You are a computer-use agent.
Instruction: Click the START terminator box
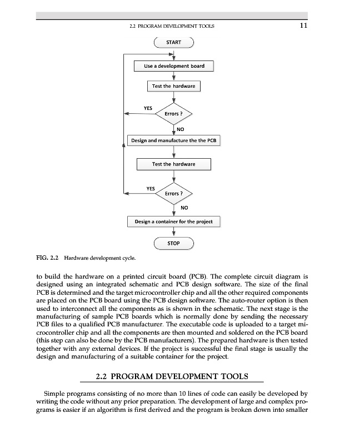[174, 42]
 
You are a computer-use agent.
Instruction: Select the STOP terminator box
[174, 243]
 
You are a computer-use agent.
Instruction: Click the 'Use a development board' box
[174, 66]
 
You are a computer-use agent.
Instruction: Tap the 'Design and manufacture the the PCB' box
[174, 140]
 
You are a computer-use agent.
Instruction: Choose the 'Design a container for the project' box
[174, 221]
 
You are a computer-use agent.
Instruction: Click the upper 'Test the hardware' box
[174, 86]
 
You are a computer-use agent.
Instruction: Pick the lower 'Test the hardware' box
[174, 164]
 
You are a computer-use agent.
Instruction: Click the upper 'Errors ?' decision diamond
[174, 114]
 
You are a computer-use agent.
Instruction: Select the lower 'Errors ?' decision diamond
[174, 193]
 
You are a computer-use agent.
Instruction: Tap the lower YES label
[150, 188]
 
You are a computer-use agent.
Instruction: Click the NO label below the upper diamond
[181, 129]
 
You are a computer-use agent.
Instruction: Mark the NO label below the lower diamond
[184, 208]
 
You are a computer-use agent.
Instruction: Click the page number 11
[303, 25]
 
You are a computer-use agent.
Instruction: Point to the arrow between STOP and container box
[174, 232]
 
